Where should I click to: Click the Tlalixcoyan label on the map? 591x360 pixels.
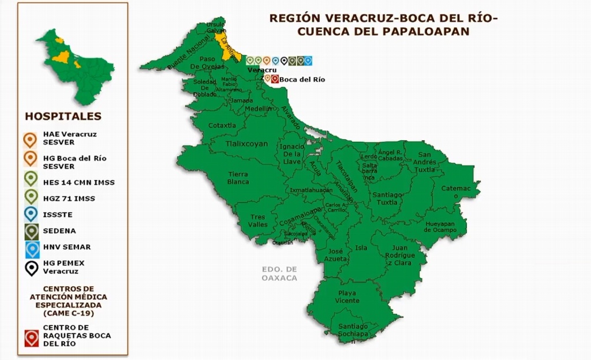pyautogui.click(x=246, y=144)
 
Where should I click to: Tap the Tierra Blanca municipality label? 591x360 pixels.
pyautogui.click(x=238, y=178)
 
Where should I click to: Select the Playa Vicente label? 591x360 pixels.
pyautogui.click(x=347, y=297)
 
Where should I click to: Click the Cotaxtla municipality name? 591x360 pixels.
pyautogui.click(x=222, y=125)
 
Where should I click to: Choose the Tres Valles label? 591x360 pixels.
pyautogui.click(x=258, y=220)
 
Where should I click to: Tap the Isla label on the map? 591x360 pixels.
pyautogui.click(x=361, y=248)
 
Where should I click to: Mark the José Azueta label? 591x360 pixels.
pyautogui.click(x=336, y=255)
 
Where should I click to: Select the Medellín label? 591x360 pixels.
pyautogui.click(x=258, y=108)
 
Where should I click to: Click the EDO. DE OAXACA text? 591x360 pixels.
pyautogui.click(x=279, y=273)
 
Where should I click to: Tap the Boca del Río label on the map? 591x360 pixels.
pyautogui.click(x=302, y=80)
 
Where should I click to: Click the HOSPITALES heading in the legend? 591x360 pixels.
pyautogui.click(x=63, y=117)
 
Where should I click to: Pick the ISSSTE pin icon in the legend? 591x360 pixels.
pyautogui.click(x=31, y=215)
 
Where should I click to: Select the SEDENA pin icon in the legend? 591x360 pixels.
pyautogui.click(x=31, y=231)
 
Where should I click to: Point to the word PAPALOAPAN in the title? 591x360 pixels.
pyautogui.click(x=426, y=31)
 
